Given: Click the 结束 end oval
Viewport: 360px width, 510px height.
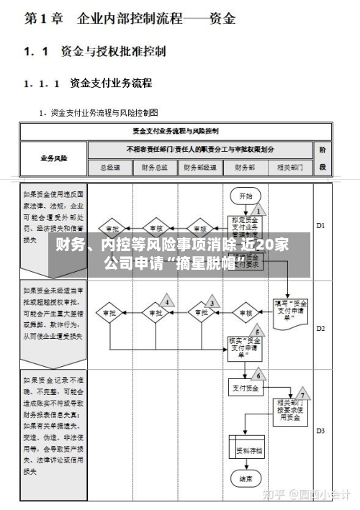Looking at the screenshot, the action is click(x=246, y=477).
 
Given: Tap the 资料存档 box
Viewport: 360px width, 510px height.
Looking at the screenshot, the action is click(x=248, y=451).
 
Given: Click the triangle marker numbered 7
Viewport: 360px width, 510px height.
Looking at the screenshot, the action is click(x=302, y=394).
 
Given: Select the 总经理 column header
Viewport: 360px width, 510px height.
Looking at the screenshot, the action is click(x=109, y=168).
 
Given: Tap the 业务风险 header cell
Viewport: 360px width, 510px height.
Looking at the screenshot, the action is click(x=53, y=158).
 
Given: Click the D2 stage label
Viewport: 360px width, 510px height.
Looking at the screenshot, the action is click(x=322, y=327).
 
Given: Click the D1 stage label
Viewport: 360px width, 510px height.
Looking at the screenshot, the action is click(x=322, y=224).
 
